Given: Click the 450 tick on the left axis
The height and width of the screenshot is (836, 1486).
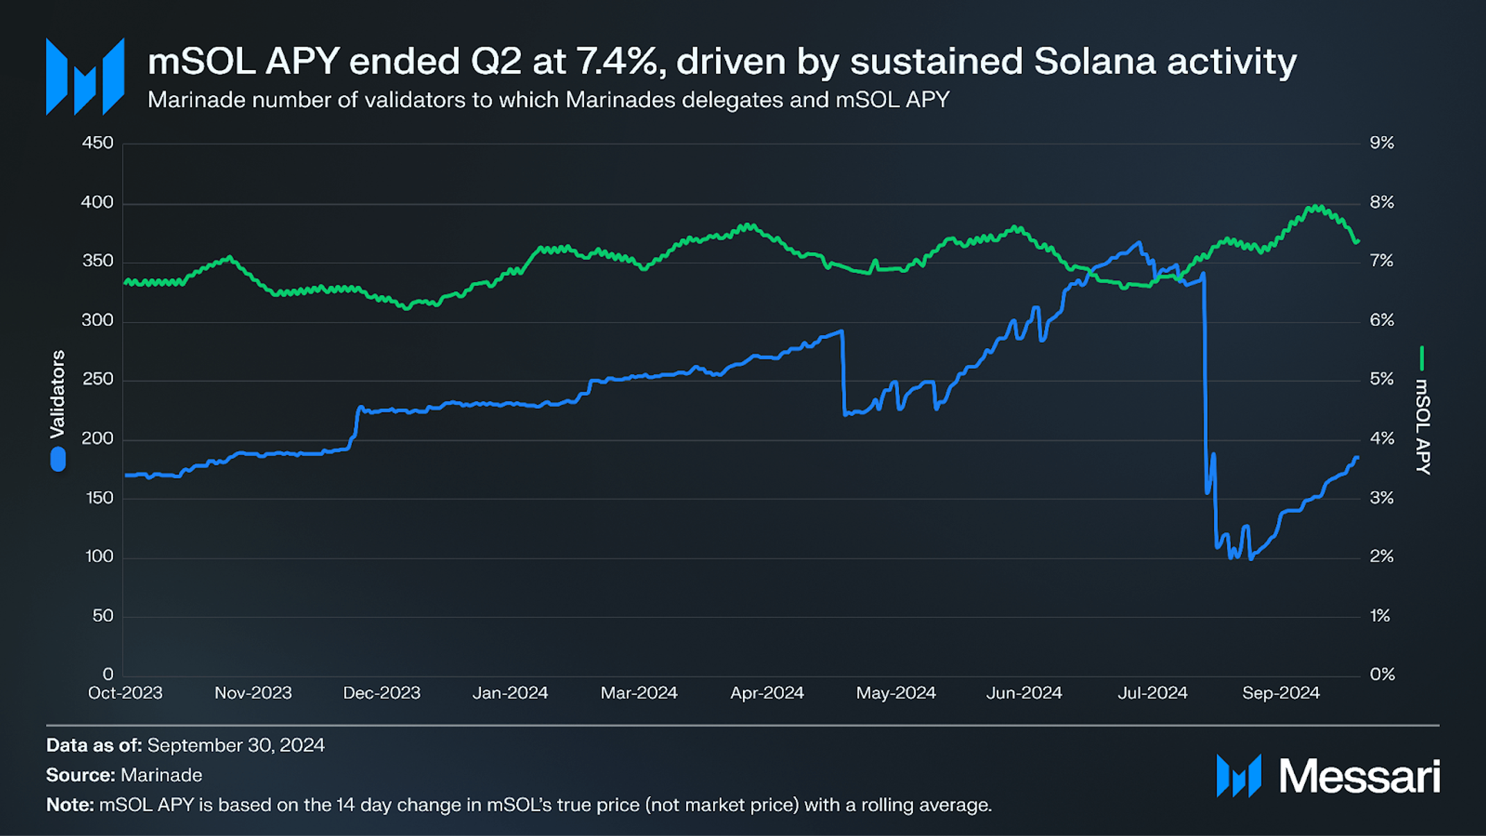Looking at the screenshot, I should click(x=97, y=143).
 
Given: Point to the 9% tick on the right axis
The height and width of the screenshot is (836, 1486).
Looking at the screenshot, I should click(x=1381, y=143).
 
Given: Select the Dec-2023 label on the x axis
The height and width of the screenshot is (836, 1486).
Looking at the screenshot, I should click(x=382, y=693).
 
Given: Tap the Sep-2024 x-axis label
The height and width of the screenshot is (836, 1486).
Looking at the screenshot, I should click(x=1281, y=693).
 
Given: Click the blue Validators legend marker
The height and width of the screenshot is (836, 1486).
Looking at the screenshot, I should click(x=58, y=459).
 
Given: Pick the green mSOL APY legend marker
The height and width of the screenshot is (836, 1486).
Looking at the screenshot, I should click(x=1421, y=358).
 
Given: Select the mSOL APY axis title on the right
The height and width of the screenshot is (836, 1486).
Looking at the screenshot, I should click(x=1422, y=426).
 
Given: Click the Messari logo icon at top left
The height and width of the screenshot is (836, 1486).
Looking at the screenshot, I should click(x=85, y=76).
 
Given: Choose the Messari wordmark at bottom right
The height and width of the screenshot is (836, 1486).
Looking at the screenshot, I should click(x=1359, y=776).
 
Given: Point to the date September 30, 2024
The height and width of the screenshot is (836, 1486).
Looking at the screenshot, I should click(x=236, y=745).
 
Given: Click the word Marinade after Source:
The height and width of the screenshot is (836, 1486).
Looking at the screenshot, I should click(x=162, y=775).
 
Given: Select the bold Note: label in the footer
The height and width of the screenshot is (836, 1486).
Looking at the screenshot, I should click(x=69, y=805).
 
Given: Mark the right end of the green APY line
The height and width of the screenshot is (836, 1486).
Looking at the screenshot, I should click(x=1358, y=242).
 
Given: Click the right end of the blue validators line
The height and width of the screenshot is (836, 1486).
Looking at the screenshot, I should click(x=1357, y=458).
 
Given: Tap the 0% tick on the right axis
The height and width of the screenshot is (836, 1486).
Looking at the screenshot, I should click(x=1381, y=674).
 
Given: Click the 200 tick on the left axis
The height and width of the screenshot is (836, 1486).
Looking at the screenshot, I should click(x=97, y=439).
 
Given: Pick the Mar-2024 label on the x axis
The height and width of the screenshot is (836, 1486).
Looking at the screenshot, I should click(x=639, y=693).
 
